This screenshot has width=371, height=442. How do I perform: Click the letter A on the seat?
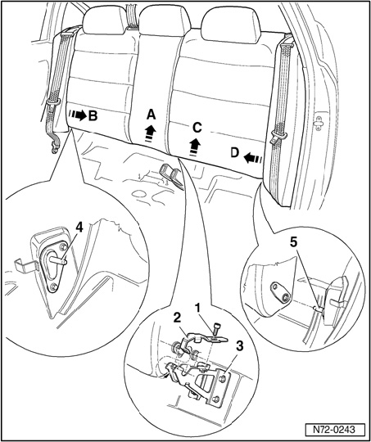tap(151, 115)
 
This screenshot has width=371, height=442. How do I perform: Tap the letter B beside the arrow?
tap(93, 115)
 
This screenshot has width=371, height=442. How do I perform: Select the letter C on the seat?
tap(197, 129)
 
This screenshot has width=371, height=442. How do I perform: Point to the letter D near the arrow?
tap(235, 153)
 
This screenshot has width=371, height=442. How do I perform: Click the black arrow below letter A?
tap(151, 133)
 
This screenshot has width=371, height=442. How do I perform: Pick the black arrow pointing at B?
tap(78, 115)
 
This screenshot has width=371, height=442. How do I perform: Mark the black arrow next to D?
tap(252, 159)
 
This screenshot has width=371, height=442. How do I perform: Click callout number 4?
tap(79, 228)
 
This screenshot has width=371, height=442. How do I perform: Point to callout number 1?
tap(199, 309)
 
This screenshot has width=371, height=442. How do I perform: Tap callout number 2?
tap(177, 319)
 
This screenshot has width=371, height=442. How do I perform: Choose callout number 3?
tap(239, 348)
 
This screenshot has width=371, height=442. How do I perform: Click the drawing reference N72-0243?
tap(335, 431)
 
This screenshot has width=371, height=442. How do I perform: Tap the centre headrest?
tap(165, 20)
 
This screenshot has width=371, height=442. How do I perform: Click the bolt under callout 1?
tap(217, 328)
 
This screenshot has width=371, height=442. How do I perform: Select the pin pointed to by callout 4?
tap(59, 260)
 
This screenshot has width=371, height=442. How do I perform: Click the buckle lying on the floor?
tap(171, 175)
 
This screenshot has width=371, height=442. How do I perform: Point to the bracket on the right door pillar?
tap(319, 123)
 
